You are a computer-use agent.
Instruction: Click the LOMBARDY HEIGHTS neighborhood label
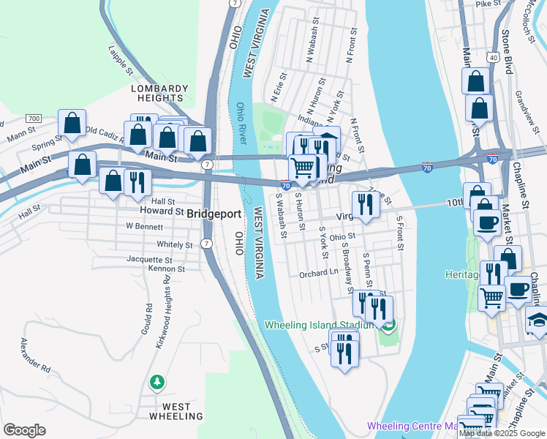159,93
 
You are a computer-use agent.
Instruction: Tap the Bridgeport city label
214,214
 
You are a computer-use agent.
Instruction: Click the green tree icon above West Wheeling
156,383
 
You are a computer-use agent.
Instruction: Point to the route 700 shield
33,118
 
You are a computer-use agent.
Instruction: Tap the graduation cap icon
537,320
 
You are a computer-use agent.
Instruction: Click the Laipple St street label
120,61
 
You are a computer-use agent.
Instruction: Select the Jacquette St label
149,259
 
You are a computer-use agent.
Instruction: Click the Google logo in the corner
25,430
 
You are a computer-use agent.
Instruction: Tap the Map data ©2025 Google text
501,433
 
